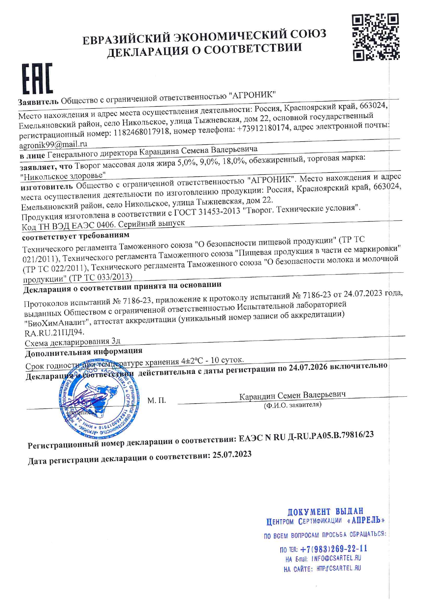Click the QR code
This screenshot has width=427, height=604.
(x=375, y=37)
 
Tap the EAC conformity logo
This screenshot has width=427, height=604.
(x=38, y=79)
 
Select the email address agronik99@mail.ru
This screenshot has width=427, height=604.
(x=53, y=145)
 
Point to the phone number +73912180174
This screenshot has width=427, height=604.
(x=263, y=128)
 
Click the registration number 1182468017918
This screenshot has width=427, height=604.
(x=141, y=132)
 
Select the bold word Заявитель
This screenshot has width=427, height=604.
(x=38, y=102)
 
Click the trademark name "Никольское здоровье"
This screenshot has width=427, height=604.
(x=63, y=176)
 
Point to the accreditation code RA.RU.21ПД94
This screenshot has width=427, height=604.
(x=54, y=333)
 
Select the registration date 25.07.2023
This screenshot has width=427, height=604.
(x=232, y=455)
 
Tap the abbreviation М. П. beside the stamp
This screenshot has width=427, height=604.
(x=157, y=400)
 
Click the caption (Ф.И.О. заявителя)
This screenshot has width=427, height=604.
(x=292, y=405)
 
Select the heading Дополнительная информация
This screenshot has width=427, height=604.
(x=84, y=352)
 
